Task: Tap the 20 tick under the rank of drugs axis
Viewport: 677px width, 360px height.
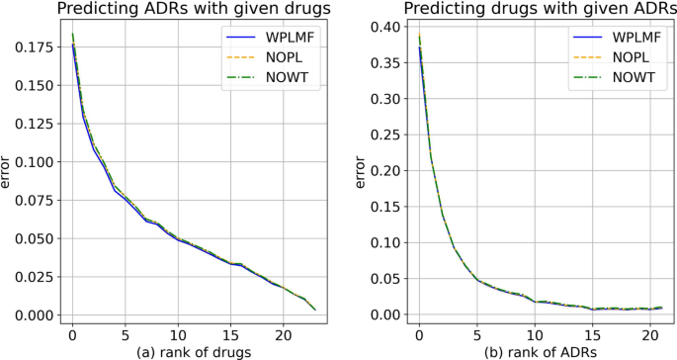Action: coord(284,333)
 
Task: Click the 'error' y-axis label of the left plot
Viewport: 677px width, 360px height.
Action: coord(10,173)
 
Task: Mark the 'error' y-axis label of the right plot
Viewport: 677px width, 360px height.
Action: coord(362,173)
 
